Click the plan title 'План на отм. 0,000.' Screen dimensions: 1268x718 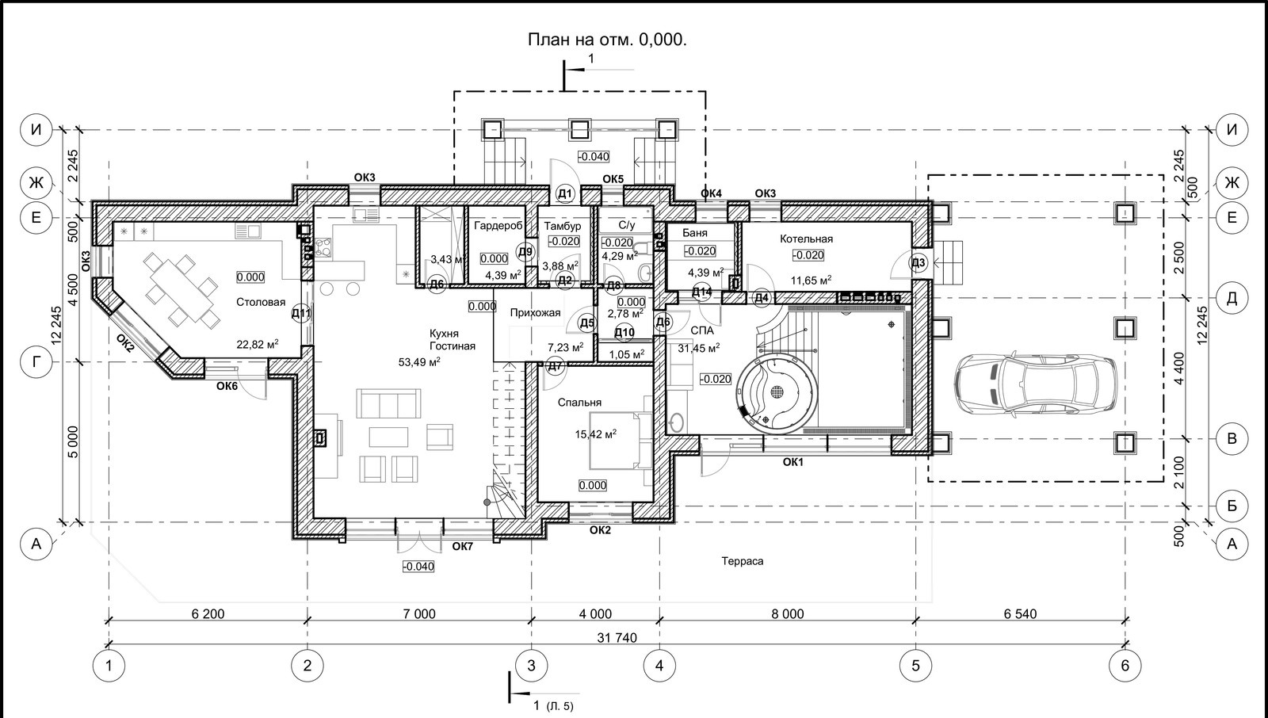(x=607, y=40)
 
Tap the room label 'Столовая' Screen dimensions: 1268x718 (x=261, y=303)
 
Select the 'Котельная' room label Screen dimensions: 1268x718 (x=806, y=239)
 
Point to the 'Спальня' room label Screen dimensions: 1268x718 (x=579, y=403)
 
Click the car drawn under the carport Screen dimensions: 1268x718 (x=1036, y=384)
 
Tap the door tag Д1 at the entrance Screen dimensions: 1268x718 (x=565, y=194)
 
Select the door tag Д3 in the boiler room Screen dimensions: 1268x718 (x=919, y=263)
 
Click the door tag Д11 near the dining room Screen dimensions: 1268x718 (x=301, y=313)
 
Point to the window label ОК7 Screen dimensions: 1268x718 (x=462, y=547)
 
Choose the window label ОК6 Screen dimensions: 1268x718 (x=227, y=386)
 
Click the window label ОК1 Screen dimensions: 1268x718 (x=792, y=462)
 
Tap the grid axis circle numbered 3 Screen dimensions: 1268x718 (x=531, y=666)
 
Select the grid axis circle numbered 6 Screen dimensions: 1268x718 (x=1125, y=666)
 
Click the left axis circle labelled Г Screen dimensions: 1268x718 (x=36, y=361)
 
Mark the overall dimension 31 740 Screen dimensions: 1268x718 (x=617, y=638)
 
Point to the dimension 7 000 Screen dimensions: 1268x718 (x=419, y=614)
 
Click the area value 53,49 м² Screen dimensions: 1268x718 (x=419, y=362)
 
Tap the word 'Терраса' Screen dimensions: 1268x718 (x=742, y=561)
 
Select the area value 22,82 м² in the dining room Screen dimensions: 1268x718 (x=257, y=344)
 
